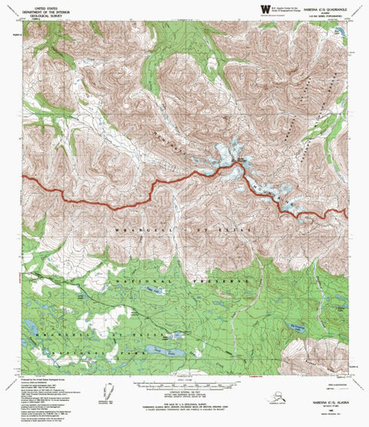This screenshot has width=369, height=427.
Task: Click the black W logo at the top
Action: (x=256, y=11)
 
